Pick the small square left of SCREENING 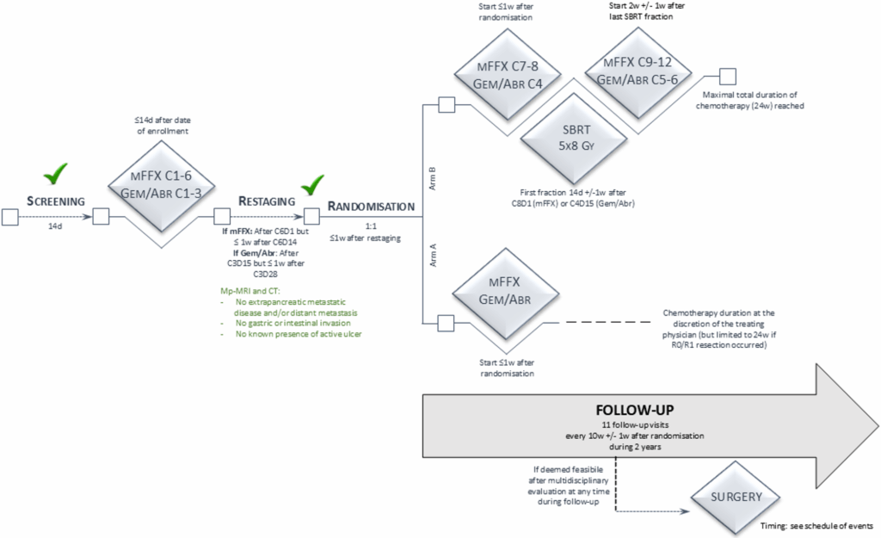[x=11, y=216]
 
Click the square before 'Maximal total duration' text [x=728, y=77]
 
